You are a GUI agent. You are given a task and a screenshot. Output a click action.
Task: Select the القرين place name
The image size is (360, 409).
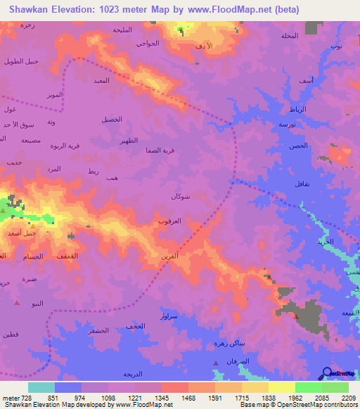click(x=169, y=256)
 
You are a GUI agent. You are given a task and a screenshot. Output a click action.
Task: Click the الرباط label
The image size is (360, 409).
click(x=297, y=109)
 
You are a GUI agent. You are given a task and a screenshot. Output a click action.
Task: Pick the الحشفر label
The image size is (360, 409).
click(x=99, y=330)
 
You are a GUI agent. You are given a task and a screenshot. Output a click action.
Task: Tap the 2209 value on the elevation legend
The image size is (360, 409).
click(x=349, y=398)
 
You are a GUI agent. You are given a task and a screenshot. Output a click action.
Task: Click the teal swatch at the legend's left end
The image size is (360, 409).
click(x=41, y=387)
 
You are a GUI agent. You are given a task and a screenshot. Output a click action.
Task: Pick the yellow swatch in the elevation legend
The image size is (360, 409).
click(x=281, y=387)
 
